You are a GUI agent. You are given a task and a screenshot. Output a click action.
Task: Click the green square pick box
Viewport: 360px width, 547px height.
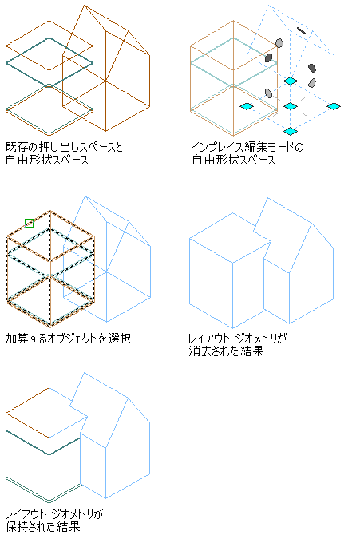(x=30, y=223)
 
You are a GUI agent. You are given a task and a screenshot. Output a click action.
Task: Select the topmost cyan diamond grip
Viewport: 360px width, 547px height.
(x=291, y=81)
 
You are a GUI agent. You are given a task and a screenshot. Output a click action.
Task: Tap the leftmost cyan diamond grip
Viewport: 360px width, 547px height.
(x=247, y=106)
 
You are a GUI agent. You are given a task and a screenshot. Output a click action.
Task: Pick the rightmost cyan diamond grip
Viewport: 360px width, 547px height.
(x=334, y=106)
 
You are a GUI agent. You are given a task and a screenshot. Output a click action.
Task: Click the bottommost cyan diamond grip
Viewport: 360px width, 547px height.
(x=291, y=131)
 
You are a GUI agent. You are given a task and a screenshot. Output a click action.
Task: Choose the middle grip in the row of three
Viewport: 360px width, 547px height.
(x=291, y=106)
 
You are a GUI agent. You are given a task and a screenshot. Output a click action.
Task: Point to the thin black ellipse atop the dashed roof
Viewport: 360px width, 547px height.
(x=301, y=30)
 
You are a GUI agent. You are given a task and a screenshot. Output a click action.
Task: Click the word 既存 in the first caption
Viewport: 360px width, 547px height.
(x=17, y=147)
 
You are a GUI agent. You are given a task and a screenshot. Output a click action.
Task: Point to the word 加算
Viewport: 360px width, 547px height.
(x=17, y=338)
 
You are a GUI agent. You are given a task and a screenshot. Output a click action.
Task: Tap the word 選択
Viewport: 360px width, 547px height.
(x=119, y=338)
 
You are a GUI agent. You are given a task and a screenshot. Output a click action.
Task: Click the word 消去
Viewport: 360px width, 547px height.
(x=200, y=351)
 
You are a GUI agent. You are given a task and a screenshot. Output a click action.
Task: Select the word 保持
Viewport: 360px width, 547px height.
(x=17, y=526)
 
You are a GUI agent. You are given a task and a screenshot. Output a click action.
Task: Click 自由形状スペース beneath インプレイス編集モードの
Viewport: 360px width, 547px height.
(x=233, y=160)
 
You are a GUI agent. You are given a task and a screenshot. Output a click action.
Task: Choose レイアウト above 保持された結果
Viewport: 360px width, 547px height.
(x=26, y=513)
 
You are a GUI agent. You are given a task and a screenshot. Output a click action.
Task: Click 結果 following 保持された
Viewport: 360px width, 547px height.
(x=69, y=526)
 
